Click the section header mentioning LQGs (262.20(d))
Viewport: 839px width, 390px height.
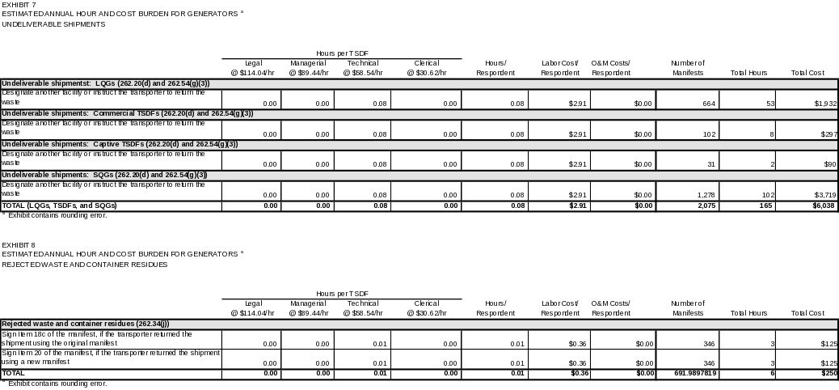tap(105, 83)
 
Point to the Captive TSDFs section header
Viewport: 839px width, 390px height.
tap(120, 144)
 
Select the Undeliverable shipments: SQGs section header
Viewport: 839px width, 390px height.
tap(104, 175)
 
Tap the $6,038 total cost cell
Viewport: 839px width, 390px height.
tap(824, 206)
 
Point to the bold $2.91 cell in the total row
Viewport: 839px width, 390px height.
tap(577, 206)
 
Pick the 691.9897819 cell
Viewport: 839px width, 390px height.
tap(688, 374)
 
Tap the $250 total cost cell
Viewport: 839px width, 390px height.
tap(827, 374)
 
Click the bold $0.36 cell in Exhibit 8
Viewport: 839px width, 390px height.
tap(577, 374)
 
